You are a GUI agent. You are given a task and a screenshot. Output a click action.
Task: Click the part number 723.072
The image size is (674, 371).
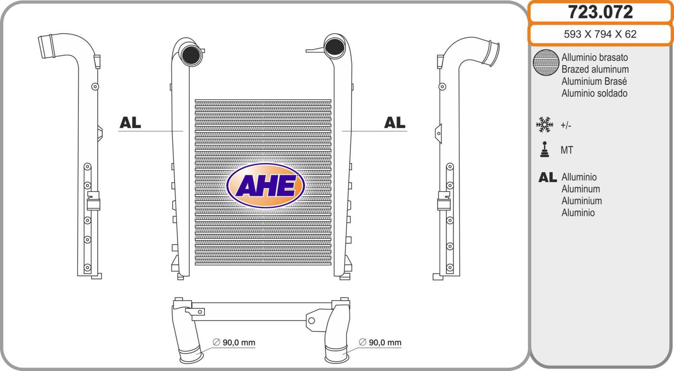pyautogui.click(x=600, y=12)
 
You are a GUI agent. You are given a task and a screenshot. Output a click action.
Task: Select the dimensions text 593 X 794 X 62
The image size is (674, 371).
pyautogui.click(x=600, y=34)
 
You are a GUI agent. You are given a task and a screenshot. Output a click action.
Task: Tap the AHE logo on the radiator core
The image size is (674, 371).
pyautogui.click(x=266, y=186)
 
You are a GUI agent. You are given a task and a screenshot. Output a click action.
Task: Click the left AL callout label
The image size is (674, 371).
pyautogui.click(x=130, y=123)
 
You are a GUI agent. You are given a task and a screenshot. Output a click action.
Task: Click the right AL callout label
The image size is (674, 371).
pyautogui.click(x=394, y=123)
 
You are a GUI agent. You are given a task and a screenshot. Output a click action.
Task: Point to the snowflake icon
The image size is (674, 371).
pyautogui.click(x=545, y=125)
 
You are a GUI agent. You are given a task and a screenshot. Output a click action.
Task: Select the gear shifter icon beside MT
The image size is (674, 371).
pyautogui.click(x=545, y=149)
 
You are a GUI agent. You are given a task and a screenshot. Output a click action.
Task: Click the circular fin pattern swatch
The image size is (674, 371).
pyautogui.click(x=546, y=63)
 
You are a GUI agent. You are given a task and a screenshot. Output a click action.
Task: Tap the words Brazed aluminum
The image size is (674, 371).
pyautogui.click(x=595, y=69)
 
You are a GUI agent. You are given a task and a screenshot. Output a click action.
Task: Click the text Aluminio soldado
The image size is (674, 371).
pyautogui.click(x=594, y=93)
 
